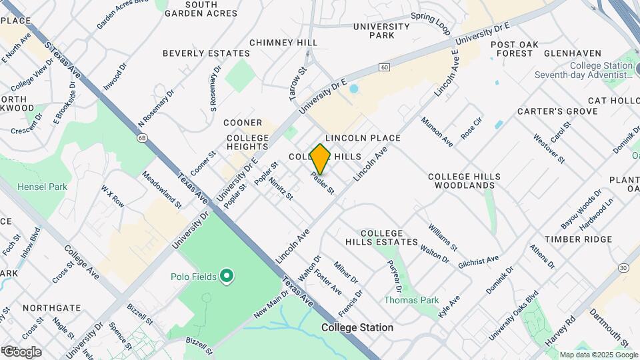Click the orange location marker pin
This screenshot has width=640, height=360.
321,159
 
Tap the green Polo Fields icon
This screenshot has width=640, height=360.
227,275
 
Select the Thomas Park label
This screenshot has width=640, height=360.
411,300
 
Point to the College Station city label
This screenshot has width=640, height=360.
357,328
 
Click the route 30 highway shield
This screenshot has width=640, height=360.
624,267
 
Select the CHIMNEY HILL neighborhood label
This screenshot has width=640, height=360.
283,43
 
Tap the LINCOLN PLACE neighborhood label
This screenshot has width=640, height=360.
363,138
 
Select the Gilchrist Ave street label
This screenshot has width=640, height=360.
479,262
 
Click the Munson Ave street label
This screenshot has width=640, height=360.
437,132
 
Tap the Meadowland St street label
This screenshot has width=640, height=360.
162,190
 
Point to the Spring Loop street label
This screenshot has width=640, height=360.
431,23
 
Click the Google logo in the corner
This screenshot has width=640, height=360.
22,351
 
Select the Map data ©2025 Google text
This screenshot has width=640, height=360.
599,355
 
